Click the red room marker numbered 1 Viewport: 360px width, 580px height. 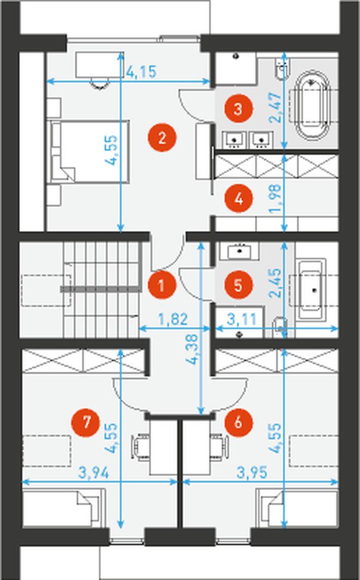point(161,285)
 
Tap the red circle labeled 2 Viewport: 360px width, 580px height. point(161,137)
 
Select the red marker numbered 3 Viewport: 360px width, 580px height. point(239,109)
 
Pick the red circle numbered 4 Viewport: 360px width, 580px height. point(239,198)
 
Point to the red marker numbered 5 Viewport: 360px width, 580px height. point(239,285)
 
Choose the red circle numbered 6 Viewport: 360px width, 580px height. point(239,422)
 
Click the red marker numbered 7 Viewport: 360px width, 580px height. point(86,422)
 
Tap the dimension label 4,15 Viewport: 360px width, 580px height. point(142,71)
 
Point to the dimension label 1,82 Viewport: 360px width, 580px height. point(173,319)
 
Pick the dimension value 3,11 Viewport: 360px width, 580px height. point(242,319)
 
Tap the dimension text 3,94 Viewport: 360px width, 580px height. point(94,473)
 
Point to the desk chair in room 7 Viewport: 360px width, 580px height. point(141,447)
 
